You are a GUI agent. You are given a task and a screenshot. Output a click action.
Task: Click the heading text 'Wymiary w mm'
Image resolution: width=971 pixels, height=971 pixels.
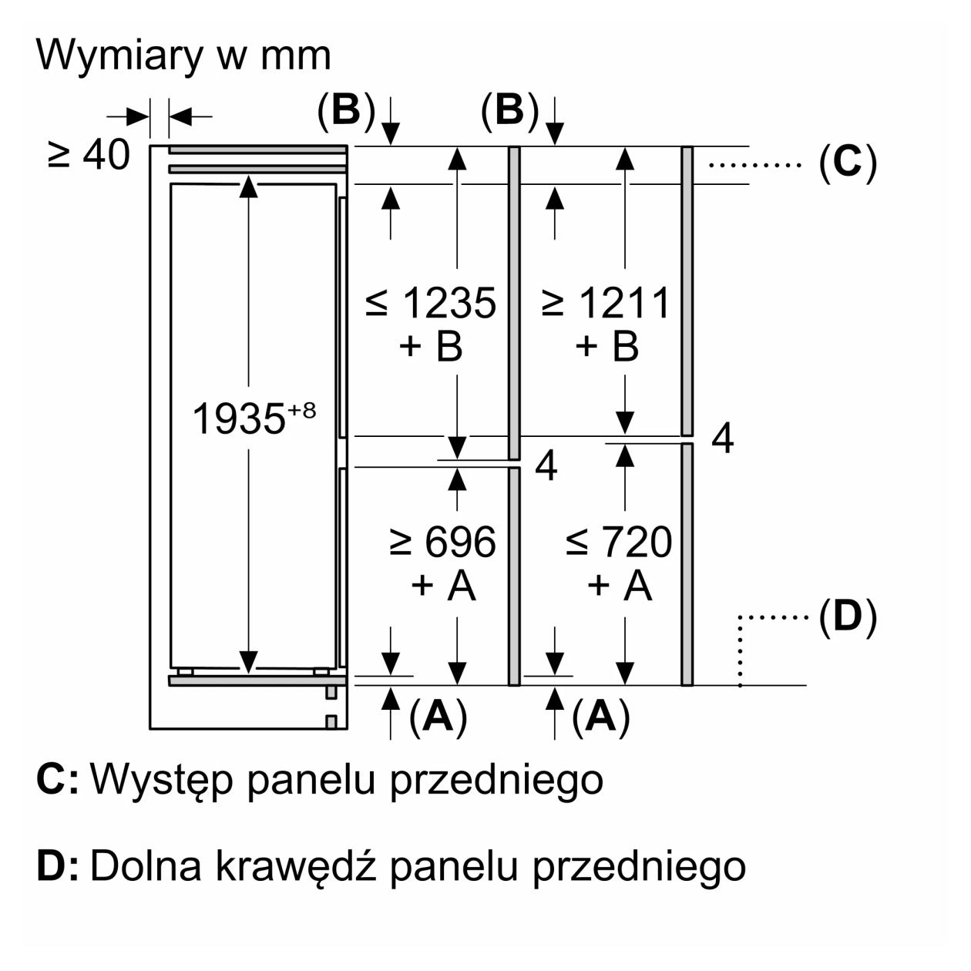[x=183, y=55]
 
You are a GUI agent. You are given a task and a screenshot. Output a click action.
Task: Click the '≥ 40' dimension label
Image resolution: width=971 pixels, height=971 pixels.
[x=89, y=156]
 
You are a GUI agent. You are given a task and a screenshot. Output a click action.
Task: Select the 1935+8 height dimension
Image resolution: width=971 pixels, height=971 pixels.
[x=253, y=419]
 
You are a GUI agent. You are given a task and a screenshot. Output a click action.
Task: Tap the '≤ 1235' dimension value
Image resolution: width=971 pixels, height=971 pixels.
[x=432, y=303]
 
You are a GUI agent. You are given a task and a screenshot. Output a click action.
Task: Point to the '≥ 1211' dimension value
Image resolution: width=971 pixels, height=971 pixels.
[x=606, y=303]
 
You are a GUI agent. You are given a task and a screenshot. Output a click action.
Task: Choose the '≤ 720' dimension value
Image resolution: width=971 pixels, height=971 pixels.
[x=619, y=543]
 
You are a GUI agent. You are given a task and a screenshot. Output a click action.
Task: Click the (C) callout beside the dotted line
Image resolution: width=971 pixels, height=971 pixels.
[x=847, y=163]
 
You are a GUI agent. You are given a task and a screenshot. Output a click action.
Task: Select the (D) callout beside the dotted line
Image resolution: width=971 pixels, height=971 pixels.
[x=847, y=617]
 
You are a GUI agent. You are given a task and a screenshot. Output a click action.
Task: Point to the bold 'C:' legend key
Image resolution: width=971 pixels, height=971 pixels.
[x=57, y=780]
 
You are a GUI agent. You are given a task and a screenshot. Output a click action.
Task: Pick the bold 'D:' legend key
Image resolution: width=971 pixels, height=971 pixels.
[x=57, y=866]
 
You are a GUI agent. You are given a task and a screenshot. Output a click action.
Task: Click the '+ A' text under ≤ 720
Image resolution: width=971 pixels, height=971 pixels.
[x=620, y=586]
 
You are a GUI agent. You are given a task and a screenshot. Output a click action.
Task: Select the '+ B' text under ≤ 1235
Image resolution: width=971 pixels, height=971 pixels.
[x=431, y=346]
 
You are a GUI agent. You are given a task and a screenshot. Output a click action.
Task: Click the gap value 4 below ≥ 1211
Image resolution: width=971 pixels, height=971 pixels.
[x=722, y=438]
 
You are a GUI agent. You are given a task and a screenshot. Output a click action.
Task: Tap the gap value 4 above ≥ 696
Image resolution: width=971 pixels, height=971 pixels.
[x=546, y=465]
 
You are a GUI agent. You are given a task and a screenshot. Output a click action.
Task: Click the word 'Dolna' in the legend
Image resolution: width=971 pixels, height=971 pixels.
[x=144, y=866]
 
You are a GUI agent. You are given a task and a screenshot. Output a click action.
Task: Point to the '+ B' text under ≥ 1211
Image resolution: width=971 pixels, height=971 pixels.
[x=607, y=346]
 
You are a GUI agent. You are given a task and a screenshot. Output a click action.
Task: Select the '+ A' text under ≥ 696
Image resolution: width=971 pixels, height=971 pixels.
[x=443, y=586]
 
